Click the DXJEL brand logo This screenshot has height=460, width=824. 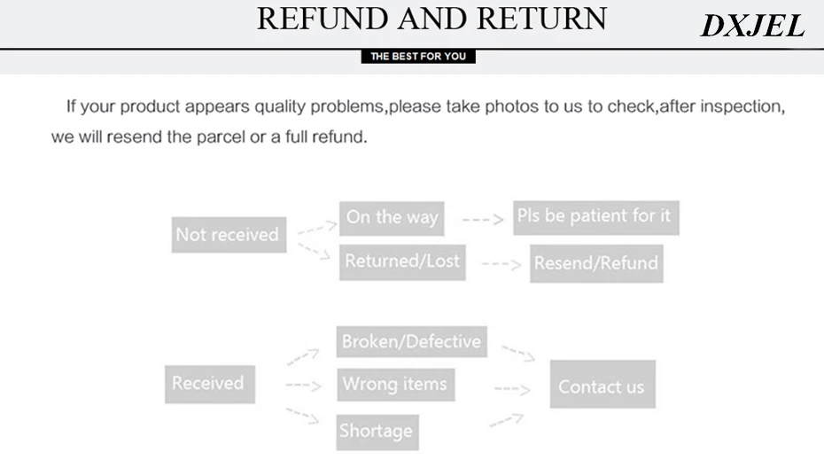[752, 25]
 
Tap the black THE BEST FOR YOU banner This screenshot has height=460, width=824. [418, 56]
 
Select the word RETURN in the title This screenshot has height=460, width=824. [541, 19]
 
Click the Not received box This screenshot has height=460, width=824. [229, 235]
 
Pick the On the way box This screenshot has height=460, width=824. [392, 218]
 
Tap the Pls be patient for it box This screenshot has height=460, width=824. [596, 217]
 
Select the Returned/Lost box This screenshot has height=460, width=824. [402, 261]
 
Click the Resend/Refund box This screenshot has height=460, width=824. [596, 263]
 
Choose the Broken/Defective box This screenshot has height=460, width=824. [411, 342]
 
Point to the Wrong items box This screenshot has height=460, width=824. [396, 385]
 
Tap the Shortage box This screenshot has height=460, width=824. [377, 433]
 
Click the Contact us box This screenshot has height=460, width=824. [602, 384]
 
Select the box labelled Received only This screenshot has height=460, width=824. [210, 384]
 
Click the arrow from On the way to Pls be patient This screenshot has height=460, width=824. [482, 219]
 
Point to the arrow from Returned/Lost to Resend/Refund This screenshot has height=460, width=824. [501, 264]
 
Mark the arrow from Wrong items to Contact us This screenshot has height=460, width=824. [512, 389]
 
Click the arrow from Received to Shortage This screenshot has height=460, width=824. [303, 416]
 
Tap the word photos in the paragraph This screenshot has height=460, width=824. [511, 106]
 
